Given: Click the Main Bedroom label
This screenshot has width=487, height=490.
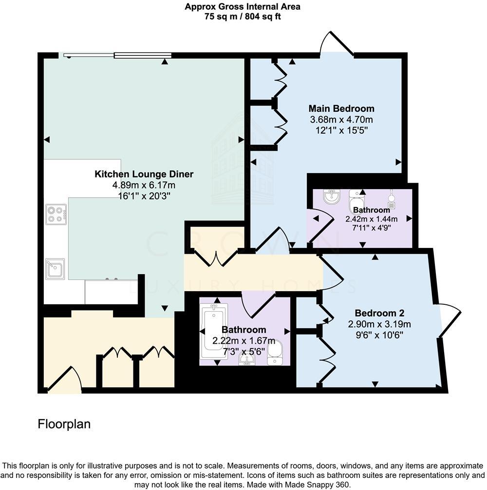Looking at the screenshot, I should pyautogui.click(x=341, y=108).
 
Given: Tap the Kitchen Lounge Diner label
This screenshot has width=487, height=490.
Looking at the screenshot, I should pyautogui.click(x=144, y=174).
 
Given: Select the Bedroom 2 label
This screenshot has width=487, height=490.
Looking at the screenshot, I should pyautogui.click(x=379, y=313).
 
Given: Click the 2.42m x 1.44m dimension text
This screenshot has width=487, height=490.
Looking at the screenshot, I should pyautogui.click(x=372, y=219).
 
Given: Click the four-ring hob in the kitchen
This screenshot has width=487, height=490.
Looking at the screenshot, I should pyautogui.click(x=56, y=214).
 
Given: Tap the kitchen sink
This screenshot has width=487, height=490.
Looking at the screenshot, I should pyautogui.click(x=55, y=269).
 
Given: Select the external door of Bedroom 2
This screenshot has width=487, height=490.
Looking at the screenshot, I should pyautogui.click(x=449, y=319).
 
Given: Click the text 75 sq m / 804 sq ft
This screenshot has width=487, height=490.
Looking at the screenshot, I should pyautogui.click(x=242, y=16).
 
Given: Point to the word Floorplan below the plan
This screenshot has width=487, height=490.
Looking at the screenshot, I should pyautogui.click(x=64, y=424).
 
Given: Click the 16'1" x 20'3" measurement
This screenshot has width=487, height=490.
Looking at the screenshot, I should pyautogui.click(x=144, y=195).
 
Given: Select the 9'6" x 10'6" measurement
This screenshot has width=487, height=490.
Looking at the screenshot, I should pyautogui.click(x=379, y=334).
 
